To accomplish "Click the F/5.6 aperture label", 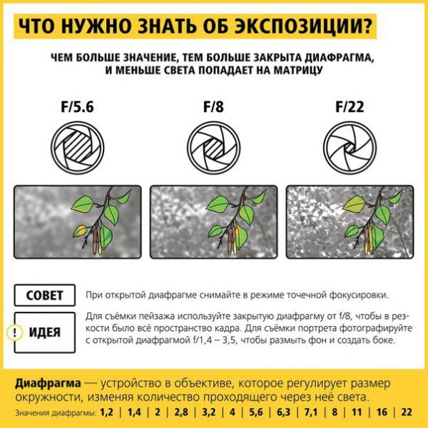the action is (77, 107).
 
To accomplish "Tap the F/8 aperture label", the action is (213, 107).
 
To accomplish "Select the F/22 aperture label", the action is (350, 107).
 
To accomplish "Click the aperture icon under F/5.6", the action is (78, 148).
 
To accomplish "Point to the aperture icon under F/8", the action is (214, 148).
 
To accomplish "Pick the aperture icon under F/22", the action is (350, 148).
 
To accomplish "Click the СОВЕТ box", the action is (45, 295).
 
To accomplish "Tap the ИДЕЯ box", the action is (45, 332).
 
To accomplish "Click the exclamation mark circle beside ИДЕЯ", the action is (14, 332).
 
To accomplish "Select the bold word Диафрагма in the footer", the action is (48, 384).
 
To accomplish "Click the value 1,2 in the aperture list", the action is (106, 412).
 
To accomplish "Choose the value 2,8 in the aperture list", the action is (181, 412).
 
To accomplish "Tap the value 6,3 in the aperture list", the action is (284, 412).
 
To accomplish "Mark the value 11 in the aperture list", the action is (357, 412).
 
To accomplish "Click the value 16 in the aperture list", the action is (382, 412).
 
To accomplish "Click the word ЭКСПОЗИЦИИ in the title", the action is (304, 26).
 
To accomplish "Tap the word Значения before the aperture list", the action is (33, 412).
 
